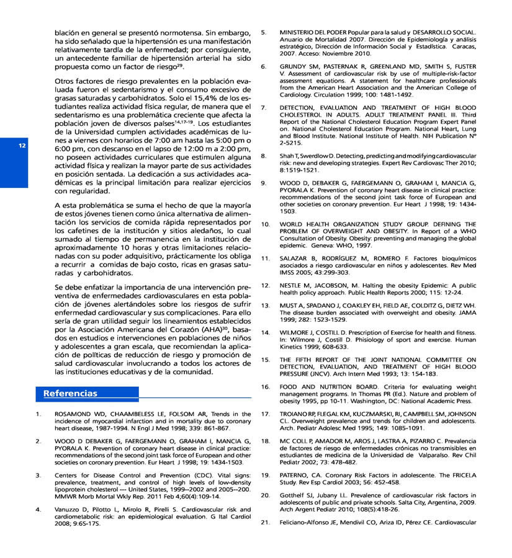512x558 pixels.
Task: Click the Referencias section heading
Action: pyautogui.click(x=70, y=393)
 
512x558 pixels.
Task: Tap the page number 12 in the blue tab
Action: pyautogui.click(x=22, y=146)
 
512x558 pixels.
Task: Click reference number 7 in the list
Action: pyautogui.click(x=263, y=107)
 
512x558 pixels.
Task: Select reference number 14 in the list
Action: pyautogui.click(x=264, y=332)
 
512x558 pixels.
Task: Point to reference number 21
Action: pyautogui.click(x=264, y=522)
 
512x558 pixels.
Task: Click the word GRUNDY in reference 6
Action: pyautogui.click(x=295, y=66)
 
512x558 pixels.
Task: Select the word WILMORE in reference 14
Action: pyautogui.click(x=296, y=332)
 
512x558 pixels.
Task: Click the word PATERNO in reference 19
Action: pyautogui.click(x=296, y=475)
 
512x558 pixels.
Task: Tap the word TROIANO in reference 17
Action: pyautogui.click(x=295, y=414)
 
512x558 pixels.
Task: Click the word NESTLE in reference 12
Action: pyautogui.click(x=293, y=285)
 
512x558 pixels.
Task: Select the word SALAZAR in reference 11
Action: pyautogui.click(x=296, y=258)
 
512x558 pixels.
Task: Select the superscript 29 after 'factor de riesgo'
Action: pyautogui.click(x=180, y=65)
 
